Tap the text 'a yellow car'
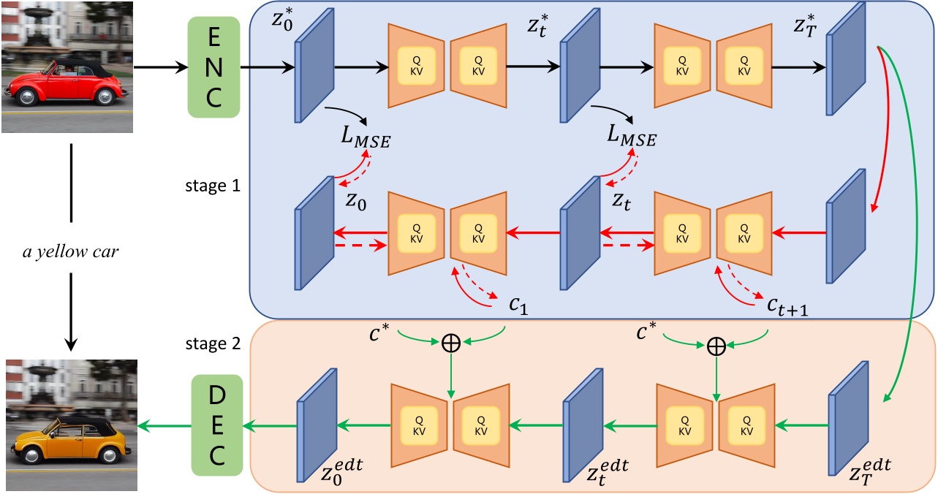click(71, 254)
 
